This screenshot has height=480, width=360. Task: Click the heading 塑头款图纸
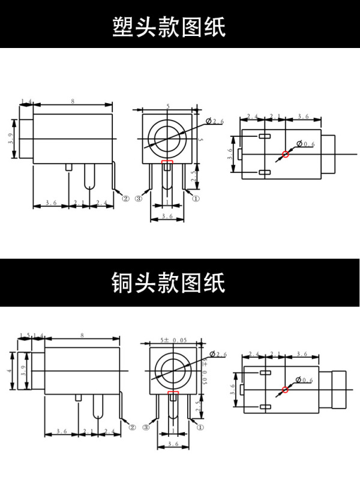click(x=169, y=26)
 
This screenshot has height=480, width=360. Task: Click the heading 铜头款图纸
click(x=169, y=283)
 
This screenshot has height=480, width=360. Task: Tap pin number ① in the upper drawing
click(x=196, y=197)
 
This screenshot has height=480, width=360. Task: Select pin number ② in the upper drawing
click(x=125, y=198)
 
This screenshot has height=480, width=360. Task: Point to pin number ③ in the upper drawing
click(x=139, y=197)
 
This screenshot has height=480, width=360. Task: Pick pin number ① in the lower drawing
click(x=200, y=427)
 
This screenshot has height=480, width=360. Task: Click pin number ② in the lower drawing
click(x=132, y=427)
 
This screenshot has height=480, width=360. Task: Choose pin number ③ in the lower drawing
click(x=146, y=427)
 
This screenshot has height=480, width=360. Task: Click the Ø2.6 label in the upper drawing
click(x=215, y=121)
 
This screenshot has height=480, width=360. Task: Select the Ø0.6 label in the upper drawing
click(x=305, y=144)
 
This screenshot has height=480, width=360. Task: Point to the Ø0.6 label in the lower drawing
click(x=305, y=380)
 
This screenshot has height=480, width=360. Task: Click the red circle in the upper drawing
click(x=286, y=154)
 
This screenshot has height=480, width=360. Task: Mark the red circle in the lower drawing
click(x=286, y=391)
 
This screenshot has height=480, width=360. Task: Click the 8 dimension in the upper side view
click(x=73, y=101)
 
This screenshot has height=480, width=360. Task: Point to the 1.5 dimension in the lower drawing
click(x=25, y=335)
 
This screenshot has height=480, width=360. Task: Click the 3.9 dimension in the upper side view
click(x=11, y=140)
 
